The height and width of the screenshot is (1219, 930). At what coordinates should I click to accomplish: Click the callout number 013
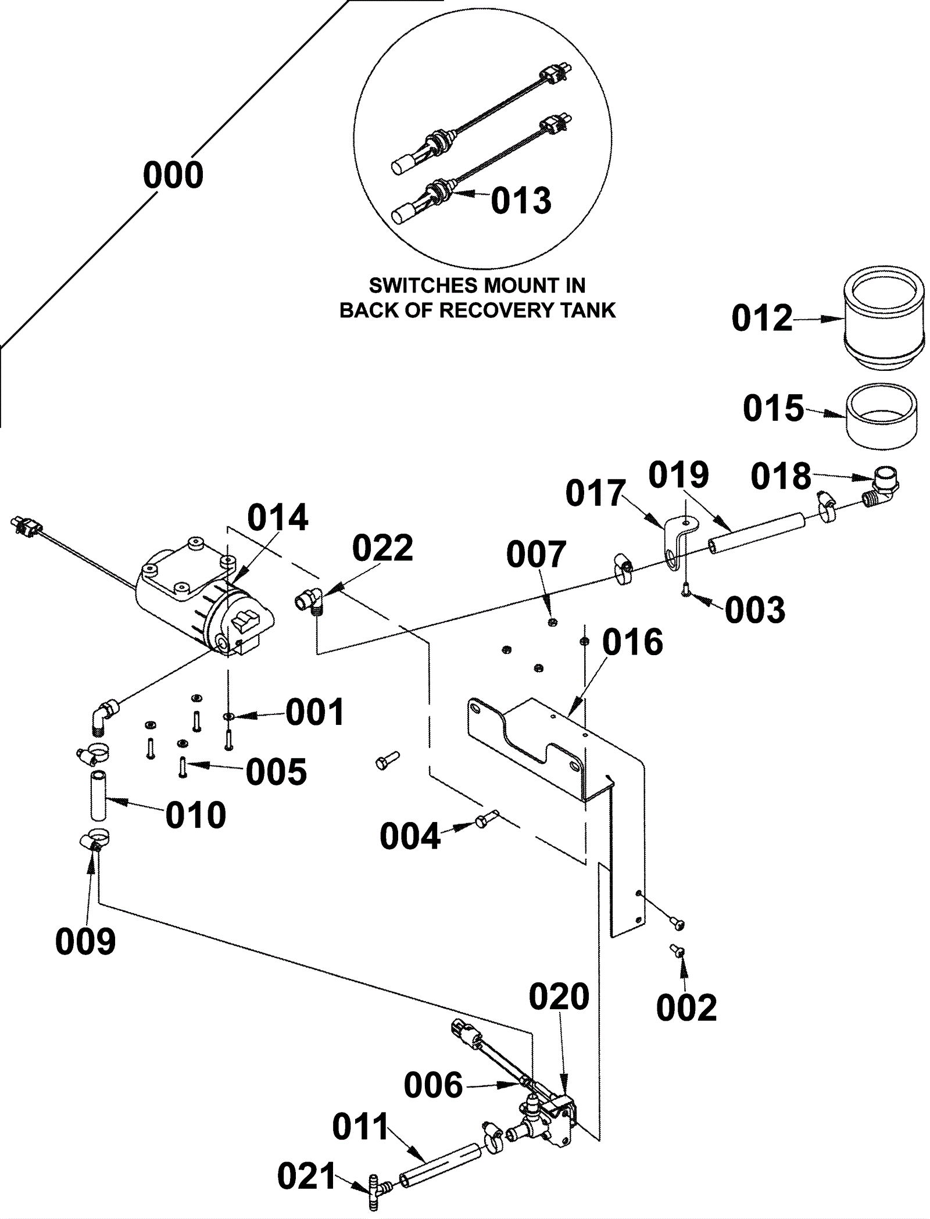(x=521, y=201)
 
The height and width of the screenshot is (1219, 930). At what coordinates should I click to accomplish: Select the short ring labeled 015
(x=881, y=416)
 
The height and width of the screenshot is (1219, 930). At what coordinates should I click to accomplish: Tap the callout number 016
(x=632, y=643)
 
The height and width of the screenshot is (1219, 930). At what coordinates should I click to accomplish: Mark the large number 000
(x=173, y=176)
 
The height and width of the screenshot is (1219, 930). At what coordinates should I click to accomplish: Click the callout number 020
(x=559, y=998)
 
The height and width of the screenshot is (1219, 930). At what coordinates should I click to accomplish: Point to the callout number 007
(x=536, y=555)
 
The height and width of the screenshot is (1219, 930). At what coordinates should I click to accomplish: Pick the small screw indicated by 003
(x=686, y=590)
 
